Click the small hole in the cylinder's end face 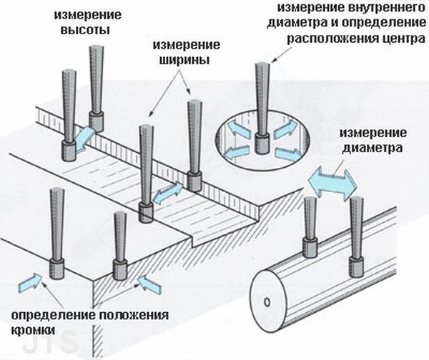(267, 302)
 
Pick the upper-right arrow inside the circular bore (283, 127)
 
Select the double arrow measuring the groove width (169, 192)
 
